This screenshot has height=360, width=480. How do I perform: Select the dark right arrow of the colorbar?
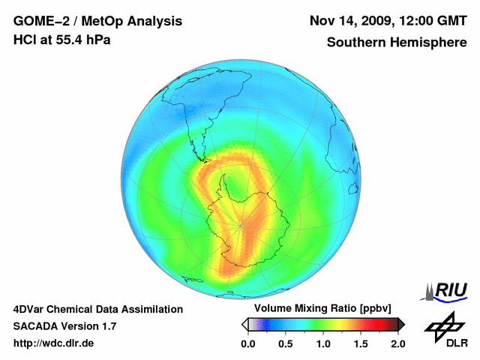(x=401, y=324)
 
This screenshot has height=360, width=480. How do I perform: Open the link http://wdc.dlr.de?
(x=54, y=343)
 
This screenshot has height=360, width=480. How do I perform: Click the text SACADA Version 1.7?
(x=64, y=326)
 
